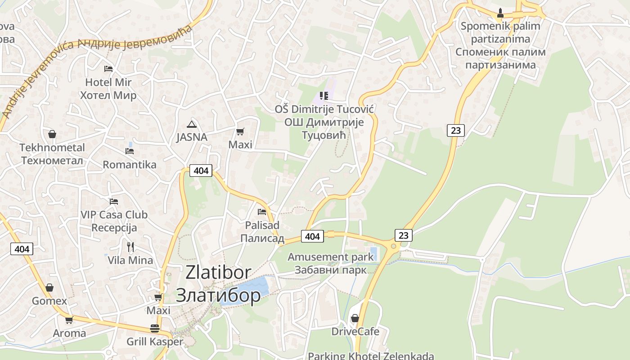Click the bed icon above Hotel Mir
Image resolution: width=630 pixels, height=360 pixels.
pyautogui.click(x=108, y=69)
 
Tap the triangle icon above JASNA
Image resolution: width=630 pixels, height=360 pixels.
pyautogui.click(x=192, y=124)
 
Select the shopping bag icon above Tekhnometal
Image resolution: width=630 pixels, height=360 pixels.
pyautogui.click(x=52, y=134)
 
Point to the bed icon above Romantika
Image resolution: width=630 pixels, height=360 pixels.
pyautogui.click(x=130, y=151)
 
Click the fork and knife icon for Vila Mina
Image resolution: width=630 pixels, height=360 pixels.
pyautogui.click(x=130, y=247)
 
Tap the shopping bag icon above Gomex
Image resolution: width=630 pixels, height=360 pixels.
pyautogui.click(x=49, y=288)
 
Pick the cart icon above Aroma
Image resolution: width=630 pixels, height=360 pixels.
pyautogui.click(x=69, y=320)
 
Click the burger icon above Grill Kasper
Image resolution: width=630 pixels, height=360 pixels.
pyautogui.click(x=155, y=328)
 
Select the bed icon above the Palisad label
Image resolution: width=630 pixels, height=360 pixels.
pyautogui.click(x=262, y=211)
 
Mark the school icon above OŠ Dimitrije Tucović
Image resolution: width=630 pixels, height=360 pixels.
pyautogui.click(x=324, y=95)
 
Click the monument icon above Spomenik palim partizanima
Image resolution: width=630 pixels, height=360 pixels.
pyautogui.click(x=500, y=13)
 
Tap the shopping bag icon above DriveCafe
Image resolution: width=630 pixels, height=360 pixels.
pyautogui.click(x=355, y=318)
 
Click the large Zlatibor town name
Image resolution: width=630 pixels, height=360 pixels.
pyautogui.click(x=218, y=284)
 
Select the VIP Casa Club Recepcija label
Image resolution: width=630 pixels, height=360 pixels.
pyautogui.click(x=114, y=221)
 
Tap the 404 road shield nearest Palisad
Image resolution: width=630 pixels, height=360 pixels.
pyautogui.click(x=312, y=236)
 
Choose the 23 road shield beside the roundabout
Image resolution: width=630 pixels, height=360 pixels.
pyautogui.click(x=403, y=235)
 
